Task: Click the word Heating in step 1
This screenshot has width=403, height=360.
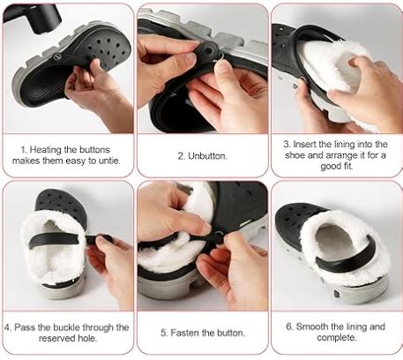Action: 45,150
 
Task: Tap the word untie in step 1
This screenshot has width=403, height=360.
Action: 108,161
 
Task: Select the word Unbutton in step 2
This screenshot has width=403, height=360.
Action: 207,156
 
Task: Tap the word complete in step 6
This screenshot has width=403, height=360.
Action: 336,337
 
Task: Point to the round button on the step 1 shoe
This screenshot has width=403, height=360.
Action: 56,56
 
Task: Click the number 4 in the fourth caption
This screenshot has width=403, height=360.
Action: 8,327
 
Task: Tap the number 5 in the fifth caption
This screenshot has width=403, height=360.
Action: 164,333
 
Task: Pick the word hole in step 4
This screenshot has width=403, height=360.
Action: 88,338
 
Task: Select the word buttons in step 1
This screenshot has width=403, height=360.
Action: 94,150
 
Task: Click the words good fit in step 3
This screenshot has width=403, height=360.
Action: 337,167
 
